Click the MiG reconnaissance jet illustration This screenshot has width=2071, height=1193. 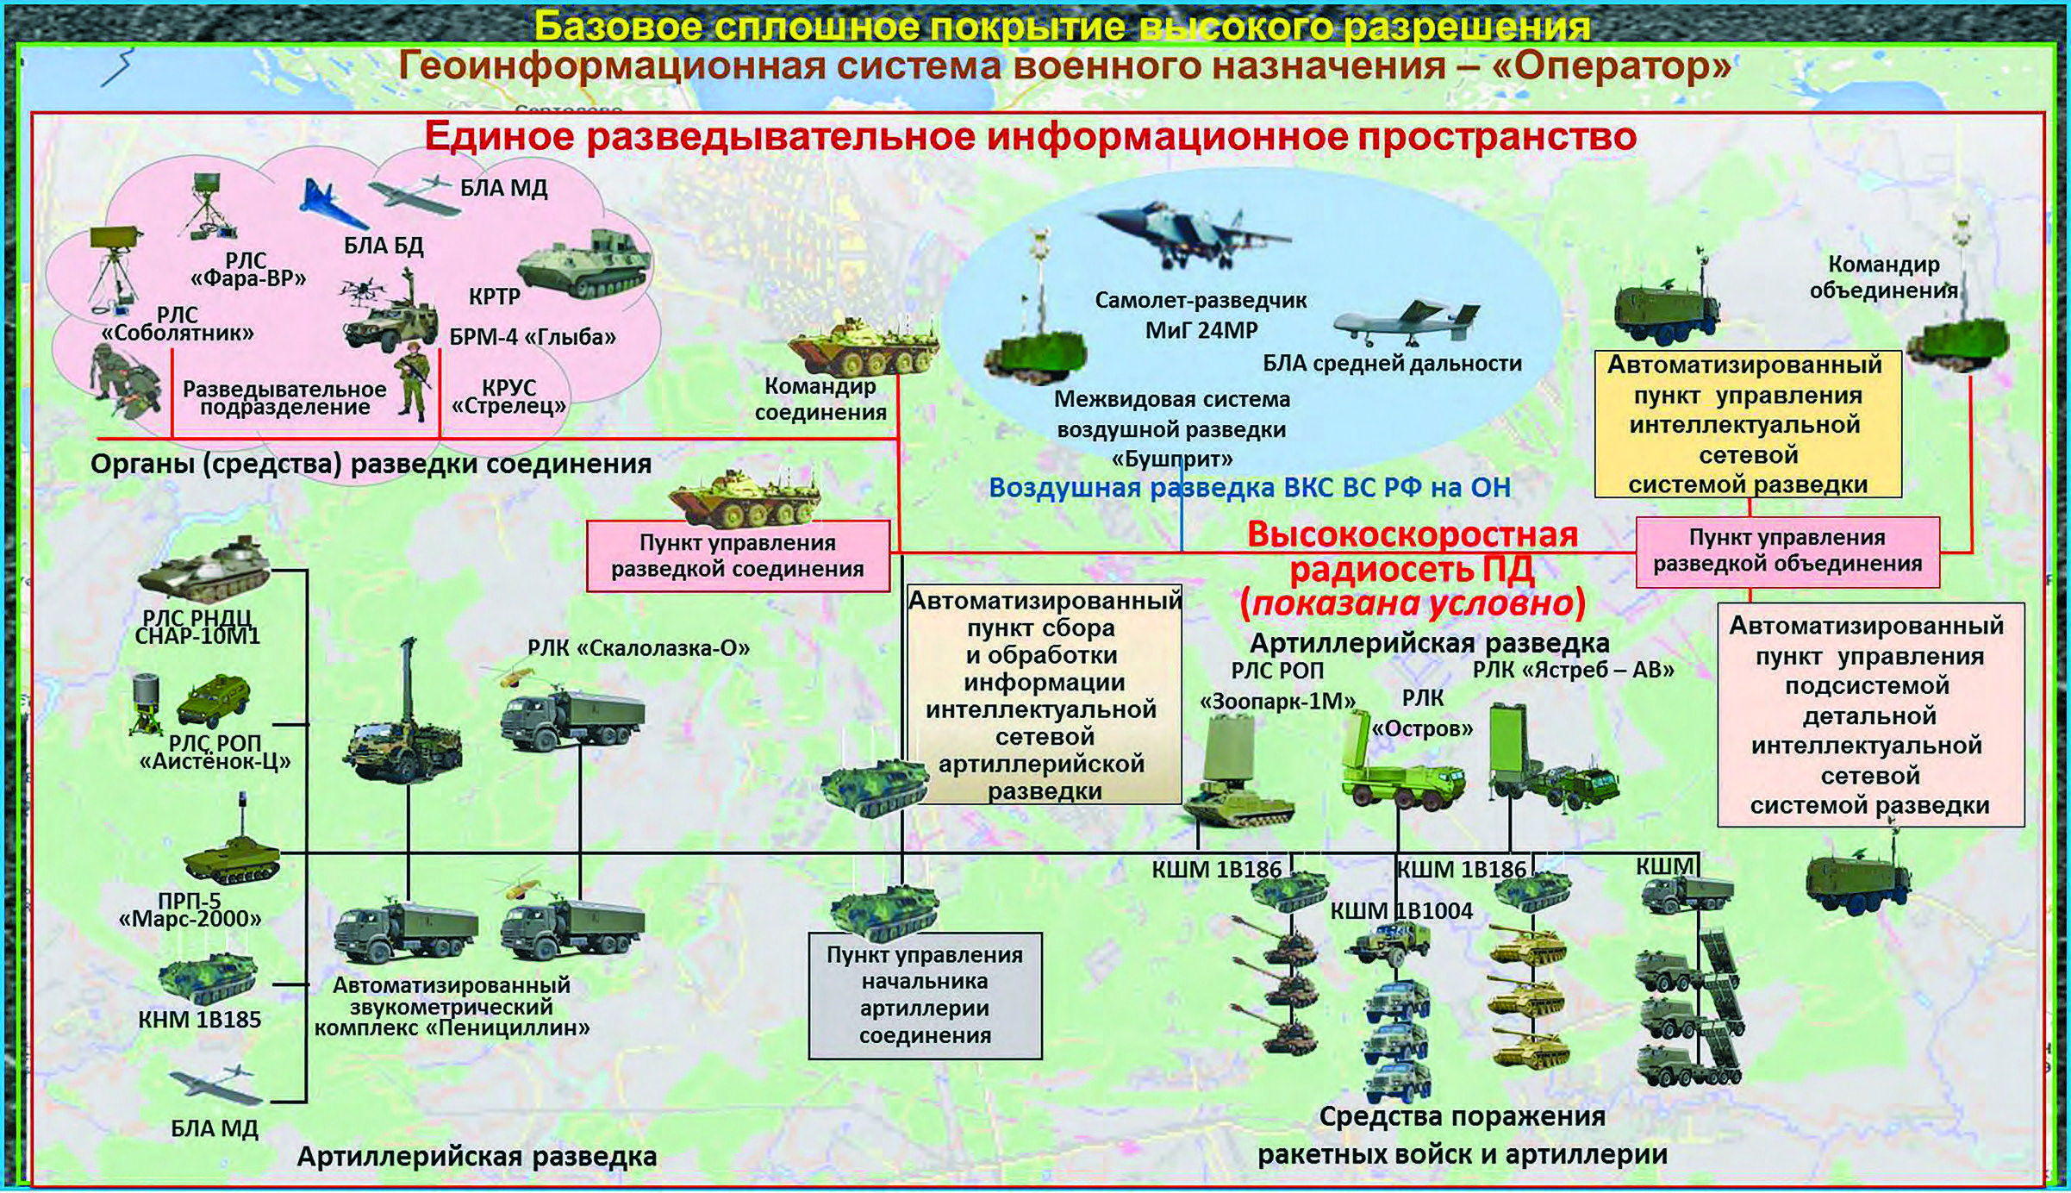pyautogui.click(x=1194, y=234)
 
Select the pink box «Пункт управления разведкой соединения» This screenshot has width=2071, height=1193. pyautogui.click(x=738, y=556)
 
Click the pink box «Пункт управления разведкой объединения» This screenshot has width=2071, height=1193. pyautogui.click(x=1787, y=552)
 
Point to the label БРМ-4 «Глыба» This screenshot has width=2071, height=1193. pyautogui.click(x=533, y=336)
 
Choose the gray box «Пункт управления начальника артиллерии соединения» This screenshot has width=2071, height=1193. pyautogui.click(x=925, y=996)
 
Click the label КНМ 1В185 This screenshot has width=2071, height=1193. pyautogui.click(x=199, y=1020)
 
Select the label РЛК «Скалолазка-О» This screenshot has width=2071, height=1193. pyautogui.click(x=639, y=648)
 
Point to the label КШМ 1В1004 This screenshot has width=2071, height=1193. pyautogui.click(x=1401, y=910)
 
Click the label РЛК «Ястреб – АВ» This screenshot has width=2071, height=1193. pyautogui.click(x=1573, y=670)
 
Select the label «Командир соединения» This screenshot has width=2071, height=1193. pyautogui.click(x=820, y=399)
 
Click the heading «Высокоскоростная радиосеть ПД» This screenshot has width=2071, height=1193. pyautogui.click(x=1413, y=552)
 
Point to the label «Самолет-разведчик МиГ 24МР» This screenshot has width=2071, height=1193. pyautogui.click(x=1201, y=315)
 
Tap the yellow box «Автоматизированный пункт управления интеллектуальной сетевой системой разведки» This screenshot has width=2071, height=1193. pyautogui.click(x=1748, y=424)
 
